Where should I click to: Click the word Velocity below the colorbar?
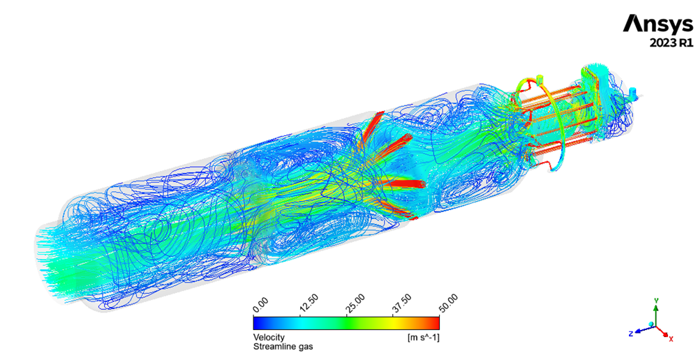point(269,337)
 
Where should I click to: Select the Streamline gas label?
point(283,346)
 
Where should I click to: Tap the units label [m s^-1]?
point(424,337)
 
